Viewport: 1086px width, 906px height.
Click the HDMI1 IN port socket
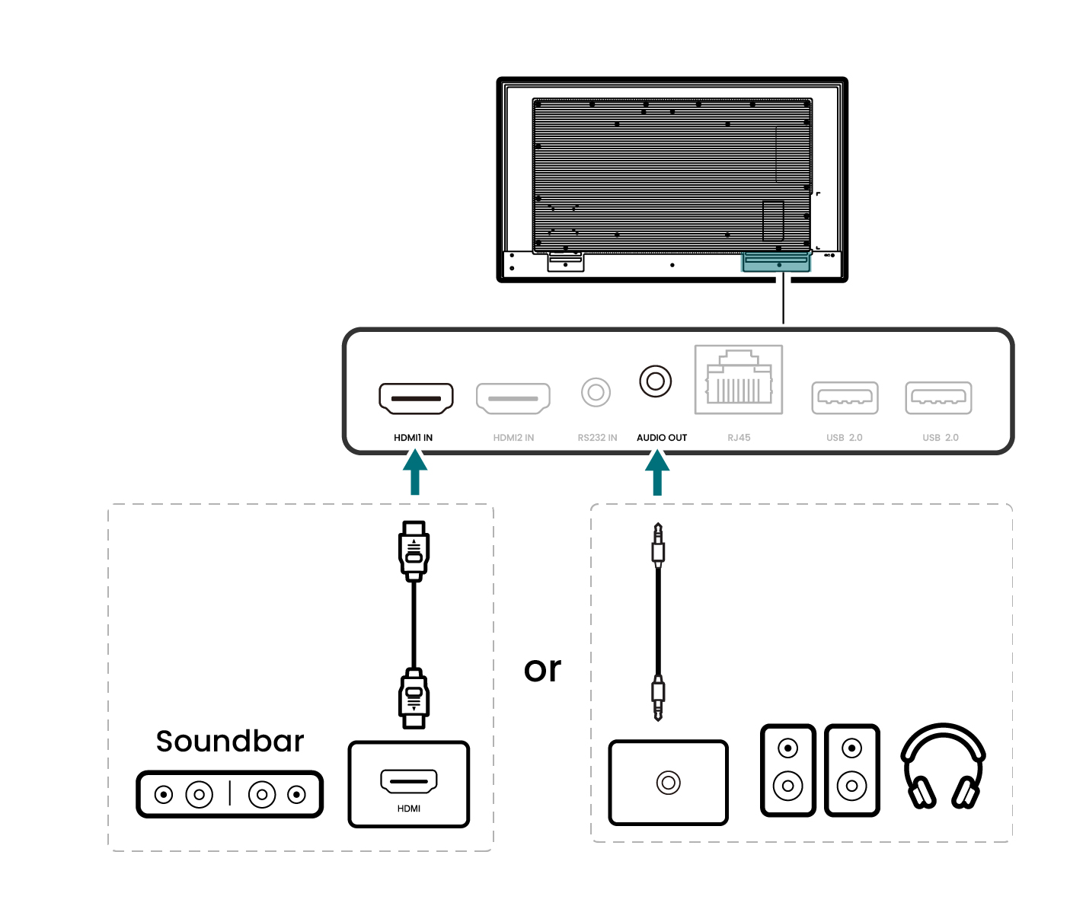[x=416, y=398]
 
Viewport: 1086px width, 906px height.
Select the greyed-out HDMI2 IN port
[x=513, y=398]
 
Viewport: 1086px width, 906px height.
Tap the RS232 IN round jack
[x=596, y=393]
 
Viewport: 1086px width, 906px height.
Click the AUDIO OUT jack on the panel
[x=656, y=381]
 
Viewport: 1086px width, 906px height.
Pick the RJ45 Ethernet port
[x=739, y=380]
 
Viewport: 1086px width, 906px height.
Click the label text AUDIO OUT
[x=662, y=438]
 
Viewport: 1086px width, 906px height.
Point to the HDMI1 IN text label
[x=413, y=438]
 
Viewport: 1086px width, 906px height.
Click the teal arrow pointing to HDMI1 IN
[x=414, y=471]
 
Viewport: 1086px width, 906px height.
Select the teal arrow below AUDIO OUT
[x=657, y=471]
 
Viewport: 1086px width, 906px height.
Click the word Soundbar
[x=230, y=742]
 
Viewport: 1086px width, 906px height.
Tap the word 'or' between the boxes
[x=542, y=669]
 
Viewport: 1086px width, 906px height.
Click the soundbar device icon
[x=230, y=795]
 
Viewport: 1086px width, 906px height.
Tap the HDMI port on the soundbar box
[x=409, y=781]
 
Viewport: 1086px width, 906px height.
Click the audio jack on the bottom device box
[x=669, y=783]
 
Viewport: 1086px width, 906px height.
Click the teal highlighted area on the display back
[x=776, y=263]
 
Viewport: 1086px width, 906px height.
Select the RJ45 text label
[x=739, y=438]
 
